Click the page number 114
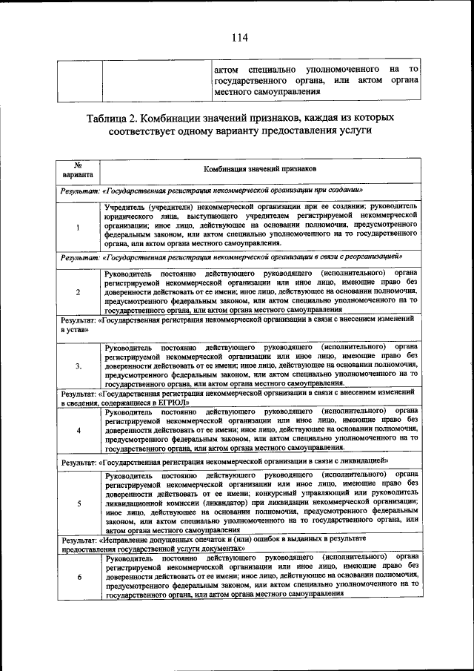tap(238, 38)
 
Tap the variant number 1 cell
tap(78, 226)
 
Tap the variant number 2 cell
tap(78, 291)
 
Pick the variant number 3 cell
tap(78, 366)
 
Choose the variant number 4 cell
tap(78, 430)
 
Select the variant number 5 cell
tap(78, 503)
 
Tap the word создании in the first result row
tap(339, 189)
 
